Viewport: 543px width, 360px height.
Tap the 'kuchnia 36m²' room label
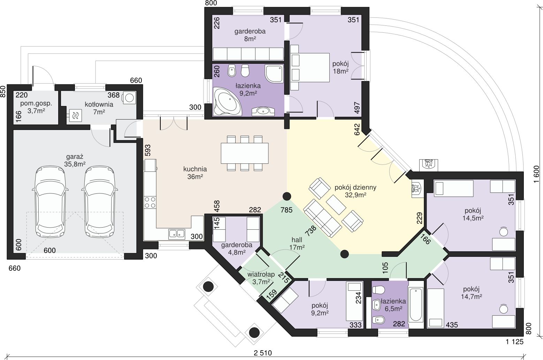(195, 173)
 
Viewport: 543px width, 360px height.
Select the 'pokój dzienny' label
(355, 187)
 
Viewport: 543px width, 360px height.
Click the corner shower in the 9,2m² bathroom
(274, 74)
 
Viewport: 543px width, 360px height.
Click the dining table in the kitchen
(245, 153)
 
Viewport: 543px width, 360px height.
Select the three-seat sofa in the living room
(323, 218)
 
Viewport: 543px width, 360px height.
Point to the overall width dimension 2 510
(263, 353)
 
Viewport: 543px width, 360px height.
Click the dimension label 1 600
(536, 175)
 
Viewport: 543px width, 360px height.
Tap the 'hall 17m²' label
(297, 244)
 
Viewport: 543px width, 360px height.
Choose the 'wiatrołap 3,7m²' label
(261, 278)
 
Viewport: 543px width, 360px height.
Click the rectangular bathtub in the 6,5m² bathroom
(416, 305)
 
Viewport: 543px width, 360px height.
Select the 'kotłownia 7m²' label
(99, 108)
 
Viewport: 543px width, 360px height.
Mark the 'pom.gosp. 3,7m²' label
(36, 107)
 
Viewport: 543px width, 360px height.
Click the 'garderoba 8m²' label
(250, 35)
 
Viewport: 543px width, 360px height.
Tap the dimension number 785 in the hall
(286, 210)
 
